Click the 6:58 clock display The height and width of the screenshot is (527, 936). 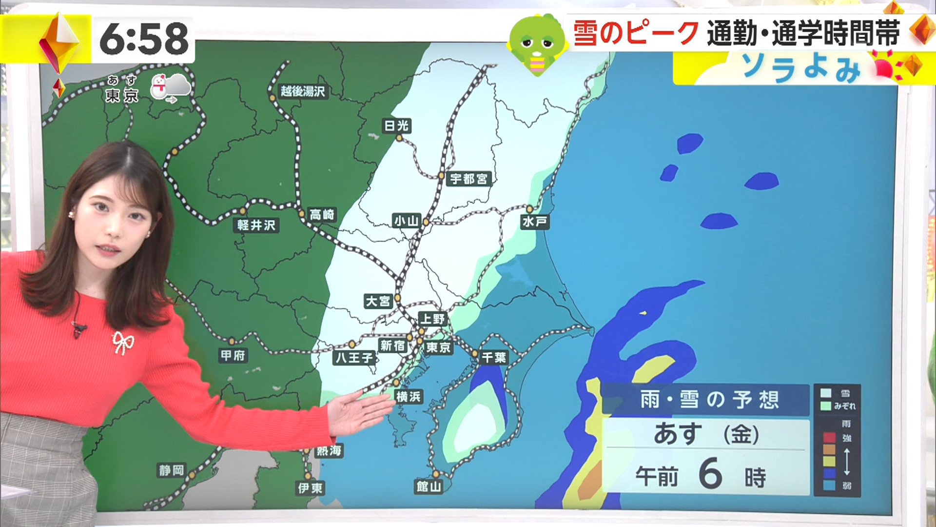coord(144,39)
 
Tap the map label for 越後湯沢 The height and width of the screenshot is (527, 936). coord(302,91)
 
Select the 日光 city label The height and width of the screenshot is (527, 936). coord(396,126)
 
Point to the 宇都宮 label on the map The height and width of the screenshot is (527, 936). coord(468,179)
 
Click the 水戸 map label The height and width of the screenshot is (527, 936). coord(535,222)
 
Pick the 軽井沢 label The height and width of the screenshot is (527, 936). coord(256,225)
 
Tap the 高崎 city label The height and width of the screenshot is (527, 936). coord(322,215)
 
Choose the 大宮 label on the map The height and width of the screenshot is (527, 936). coord(378,301)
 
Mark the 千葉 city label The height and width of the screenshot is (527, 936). coord(494,358)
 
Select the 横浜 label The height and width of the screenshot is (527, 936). coord(409,397)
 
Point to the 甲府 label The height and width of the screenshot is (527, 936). coord(233,355)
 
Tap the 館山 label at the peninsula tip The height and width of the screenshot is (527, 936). coord(429,486)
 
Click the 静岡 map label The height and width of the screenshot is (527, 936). coord(172,470)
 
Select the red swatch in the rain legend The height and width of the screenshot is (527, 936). coord(829,437)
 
